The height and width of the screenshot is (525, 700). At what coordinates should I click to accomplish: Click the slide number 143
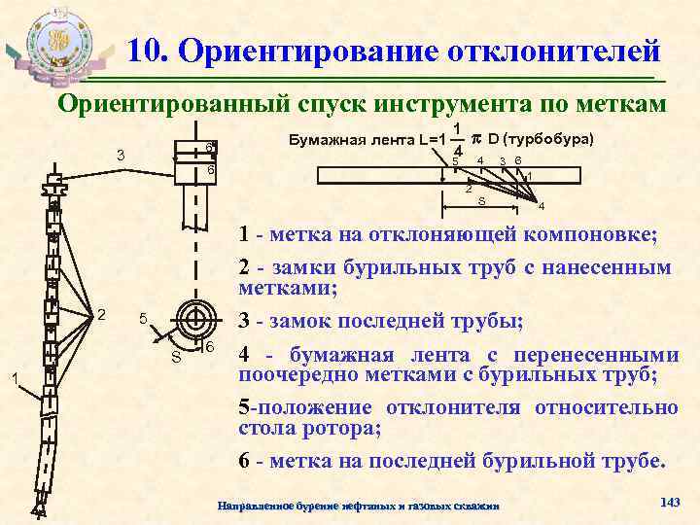tap(668, 500)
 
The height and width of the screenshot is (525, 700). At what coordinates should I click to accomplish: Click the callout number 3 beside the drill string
tap(120, 157)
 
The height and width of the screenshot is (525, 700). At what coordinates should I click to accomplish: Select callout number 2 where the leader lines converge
tap(101, 313)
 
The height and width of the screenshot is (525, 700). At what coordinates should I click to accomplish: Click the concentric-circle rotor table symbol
tap(192, 319)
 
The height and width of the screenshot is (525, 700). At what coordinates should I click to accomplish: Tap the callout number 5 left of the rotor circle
tap(142, 319)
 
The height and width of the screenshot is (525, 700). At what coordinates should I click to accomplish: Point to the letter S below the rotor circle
tap(176, 355)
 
